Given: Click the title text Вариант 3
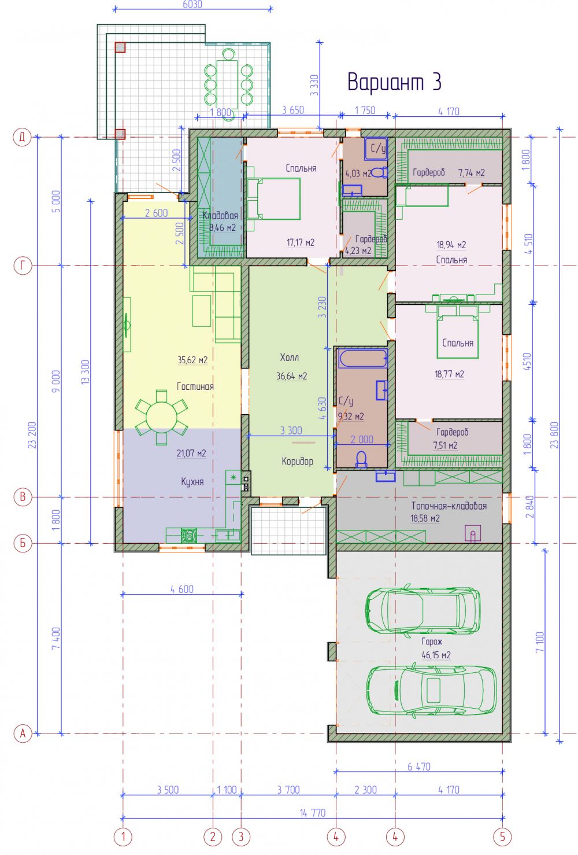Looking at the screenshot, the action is (394, 82).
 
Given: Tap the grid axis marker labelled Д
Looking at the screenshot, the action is (23, 137).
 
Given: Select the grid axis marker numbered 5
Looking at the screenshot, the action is (502, 836).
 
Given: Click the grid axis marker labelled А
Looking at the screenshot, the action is (23, 734).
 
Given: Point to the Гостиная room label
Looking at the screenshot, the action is (195, 386).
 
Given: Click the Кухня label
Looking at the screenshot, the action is (192, 481).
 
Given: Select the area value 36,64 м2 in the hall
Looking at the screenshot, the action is (292, 376).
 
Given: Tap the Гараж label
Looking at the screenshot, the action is (432, 641).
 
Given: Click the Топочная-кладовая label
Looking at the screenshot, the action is (449, 506).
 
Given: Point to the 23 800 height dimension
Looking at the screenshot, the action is (555, 435).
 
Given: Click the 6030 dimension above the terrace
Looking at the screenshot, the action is (192, 4).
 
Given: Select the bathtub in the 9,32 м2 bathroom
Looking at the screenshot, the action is (362, 358).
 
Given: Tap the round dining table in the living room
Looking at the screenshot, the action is (161, 417).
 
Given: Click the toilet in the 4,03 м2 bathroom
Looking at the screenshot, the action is (379, 173).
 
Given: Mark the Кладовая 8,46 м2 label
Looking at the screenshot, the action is (220, 222).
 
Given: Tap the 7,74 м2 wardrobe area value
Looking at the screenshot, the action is (471, 173).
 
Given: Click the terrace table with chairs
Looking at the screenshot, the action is (228, 84).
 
